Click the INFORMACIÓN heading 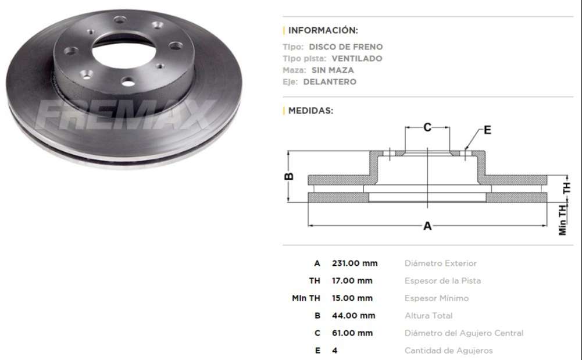point(323,30)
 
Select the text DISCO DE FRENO point(345,47)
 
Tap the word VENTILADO point(356,58)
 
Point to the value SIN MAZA point(336,70)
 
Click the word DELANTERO point(330,81)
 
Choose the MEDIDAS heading point(310,111)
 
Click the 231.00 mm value point(354,263)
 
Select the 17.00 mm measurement point(352,280)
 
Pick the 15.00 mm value point(352,298)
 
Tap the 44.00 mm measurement point(353,315)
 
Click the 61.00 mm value point(352,333)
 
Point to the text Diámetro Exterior point(440,263)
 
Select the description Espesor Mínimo point(436,298)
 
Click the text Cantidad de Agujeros point(448,350)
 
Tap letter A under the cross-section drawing point(427,226)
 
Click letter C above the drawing point(427,127)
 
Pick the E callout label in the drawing point(487,130)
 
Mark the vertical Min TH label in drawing point(563,219)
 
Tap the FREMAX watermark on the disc point(125,115)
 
